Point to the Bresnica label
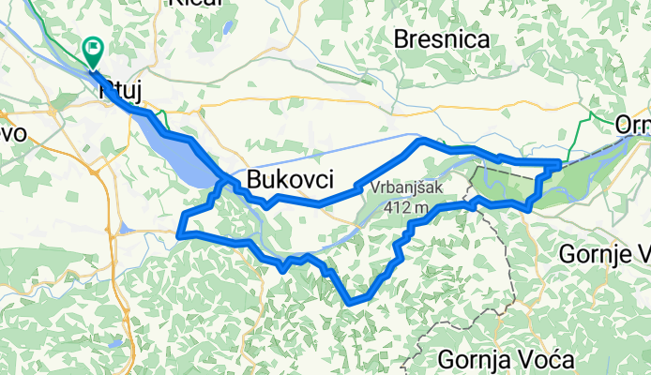coord(443,40)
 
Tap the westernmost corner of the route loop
coord(179,232)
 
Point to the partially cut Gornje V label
coord(605,253)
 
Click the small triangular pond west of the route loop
coord(125,228)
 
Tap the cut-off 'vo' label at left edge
coord(12,134)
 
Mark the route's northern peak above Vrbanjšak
coord(420,141)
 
